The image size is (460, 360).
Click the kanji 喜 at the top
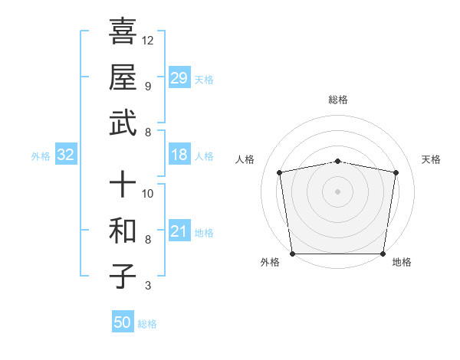[123, 31]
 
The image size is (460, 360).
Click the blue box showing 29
[179, 78]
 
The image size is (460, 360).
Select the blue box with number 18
[179, 155]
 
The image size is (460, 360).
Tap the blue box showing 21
[179, 231]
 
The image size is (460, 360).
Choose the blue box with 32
[66, 155]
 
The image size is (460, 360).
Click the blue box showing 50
[123, 322]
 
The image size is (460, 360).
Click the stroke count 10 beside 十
[148, 194]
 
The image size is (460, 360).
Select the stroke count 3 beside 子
[147, 286]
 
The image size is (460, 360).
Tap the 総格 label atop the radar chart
[338, 100]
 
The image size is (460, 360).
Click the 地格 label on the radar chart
[402, 262]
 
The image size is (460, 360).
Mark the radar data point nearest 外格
[292, 254]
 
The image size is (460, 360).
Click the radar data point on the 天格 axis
[396, 172]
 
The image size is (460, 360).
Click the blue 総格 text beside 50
[147, 324]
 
